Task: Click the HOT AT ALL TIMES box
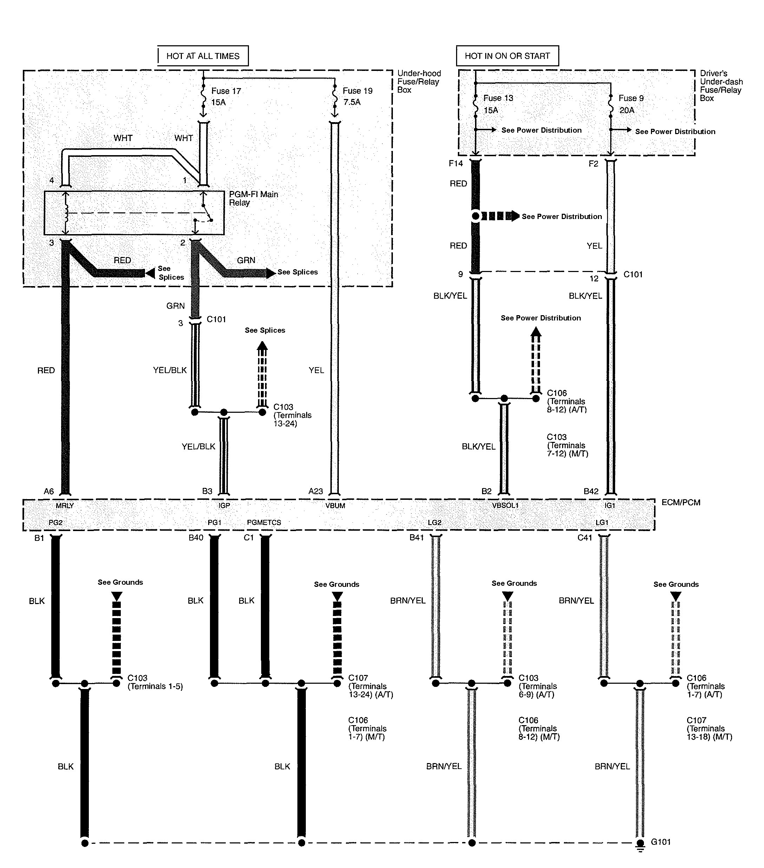pyautogui.click(x=203, y=56)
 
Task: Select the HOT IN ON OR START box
pyautogui.click(x=507, y=56)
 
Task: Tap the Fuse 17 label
pyautogui.click(x=226, y=91)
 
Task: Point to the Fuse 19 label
pyautogui.click(x=357, y=91)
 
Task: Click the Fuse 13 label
pyautogui.click(x=498, y=98)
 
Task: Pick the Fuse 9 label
pyautogui.click(x=631, y=98)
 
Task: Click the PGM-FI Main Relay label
pyautogui.click(x=253, y=198)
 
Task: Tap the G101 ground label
pyautogui.click(x=660, y=842)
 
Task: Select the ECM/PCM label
pyautogui.click(x=680, y=502)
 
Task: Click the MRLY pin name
pyautogui.click(x=65, y=506)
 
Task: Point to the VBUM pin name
pyautogui.click(x=335, y=506)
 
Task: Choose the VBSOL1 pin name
pyautogui.click(x=505, y=506)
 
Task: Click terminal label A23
pyautogui.click(x=316, y=491)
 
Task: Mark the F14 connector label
pyautogui.click(x=456, y=164)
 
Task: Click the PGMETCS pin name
pyautogui.click(x=264, y=522)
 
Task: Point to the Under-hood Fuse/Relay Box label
pyautogui.click(x=419, y=81)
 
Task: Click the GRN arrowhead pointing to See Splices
pyautogui.click(x=270, y=273)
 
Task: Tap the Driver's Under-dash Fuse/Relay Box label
pyautogui.click(x=721, y=86)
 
